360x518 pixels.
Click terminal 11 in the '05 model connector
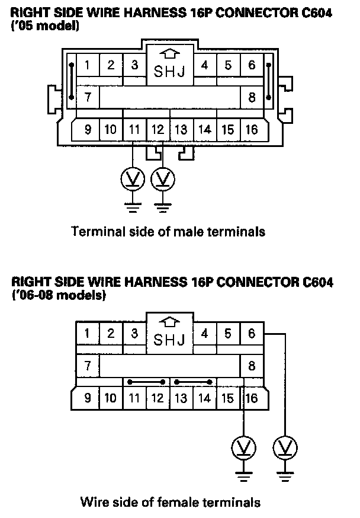pos(134,129)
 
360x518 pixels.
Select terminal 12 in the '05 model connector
pos(157,129)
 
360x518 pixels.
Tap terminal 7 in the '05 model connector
pos(88,97)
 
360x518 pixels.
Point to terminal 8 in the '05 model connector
pos(252,97)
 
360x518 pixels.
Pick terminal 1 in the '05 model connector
pos(88,65)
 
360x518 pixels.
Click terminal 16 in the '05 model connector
pos(252,129)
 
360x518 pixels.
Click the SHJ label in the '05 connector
pos(169,71)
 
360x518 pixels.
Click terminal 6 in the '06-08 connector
pos(252,334)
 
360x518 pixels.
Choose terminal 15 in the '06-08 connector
pos(228,398)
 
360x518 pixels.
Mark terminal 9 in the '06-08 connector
pos(88,398)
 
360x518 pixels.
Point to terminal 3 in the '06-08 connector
pos(134,334)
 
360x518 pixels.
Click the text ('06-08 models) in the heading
pos(59,295)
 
